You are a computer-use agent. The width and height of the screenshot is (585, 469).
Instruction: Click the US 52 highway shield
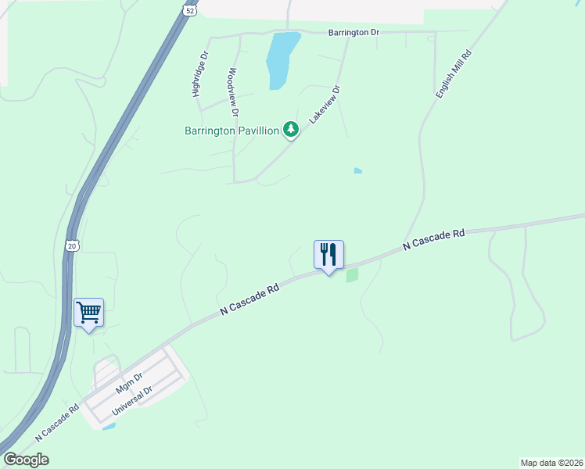point(190,9)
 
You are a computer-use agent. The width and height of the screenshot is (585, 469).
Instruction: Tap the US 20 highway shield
point(72,245)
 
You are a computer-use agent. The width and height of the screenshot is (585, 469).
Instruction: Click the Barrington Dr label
point(354,32)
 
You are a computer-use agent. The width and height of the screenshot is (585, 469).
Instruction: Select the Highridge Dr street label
point(201,75)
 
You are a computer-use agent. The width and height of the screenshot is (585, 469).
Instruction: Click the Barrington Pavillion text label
point(231,131)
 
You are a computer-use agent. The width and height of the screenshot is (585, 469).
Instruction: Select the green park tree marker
point(291,129)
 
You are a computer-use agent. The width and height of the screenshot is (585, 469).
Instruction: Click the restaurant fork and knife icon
point(328,255)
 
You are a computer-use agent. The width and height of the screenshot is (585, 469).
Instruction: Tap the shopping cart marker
point(88,313)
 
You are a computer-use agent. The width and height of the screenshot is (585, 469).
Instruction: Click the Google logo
point(26,460)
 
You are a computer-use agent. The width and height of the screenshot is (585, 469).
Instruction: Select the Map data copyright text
point(552,462)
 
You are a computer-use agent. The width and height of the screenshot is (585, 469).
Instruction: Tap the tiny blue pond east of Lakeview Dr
point(358,170)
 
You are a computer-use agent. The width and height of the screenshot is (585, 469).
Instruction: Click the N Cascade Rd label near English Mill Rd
point(434,239)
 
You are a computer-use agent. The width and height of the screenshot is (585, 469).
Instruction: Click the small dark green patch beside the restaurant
point(352,275)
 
